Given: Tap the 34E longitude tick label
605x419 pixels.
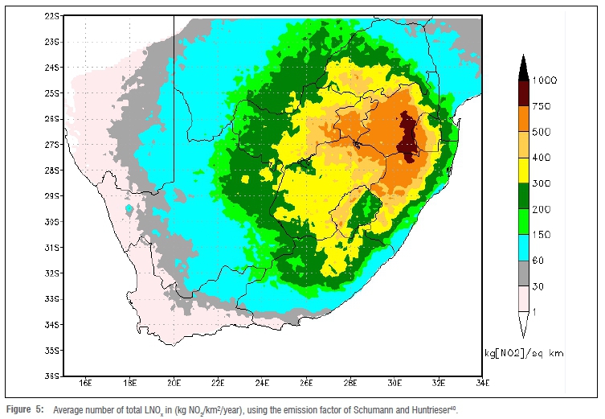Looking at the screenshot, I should [482, 383].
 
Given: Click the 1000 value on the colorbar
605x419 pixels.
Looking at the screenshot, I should [546, 80].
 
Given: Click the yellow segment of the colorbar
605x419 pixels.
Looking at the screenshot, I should [521, 170].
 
